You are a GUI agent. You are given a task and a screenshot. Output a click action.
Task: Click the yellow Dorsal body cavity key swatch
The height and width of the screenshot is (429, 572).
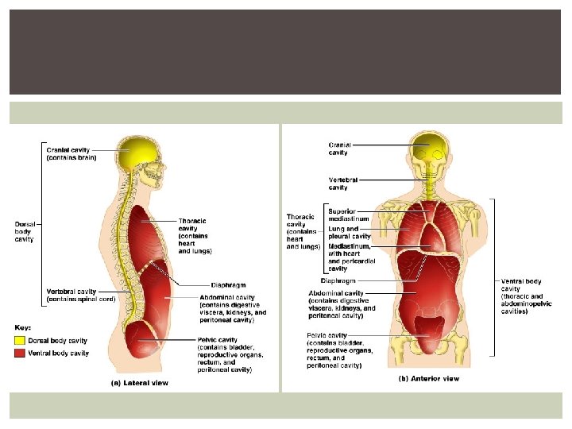(x=20, y=341)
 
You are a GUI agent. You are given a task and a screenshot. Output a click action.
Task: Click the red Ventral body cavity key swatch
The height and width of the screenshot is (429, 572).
(x=20, y=353)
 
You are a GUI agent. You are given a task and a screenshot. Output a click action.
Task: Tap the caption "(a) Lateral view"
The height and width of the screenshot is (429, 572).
(x=139, y=383)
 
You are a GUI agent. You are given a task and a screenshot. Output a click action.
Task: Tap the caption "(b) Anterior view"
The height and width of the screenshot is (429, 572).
(x=429, y=379)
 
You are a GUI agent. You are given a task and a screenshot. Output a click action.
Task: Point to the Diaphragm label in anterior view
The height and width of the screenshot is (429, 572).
(x=337, y=280)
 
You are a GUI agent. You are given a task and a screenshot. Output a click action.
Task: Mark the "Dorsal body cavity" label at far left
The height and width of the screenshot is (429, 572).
(x=25, y=231)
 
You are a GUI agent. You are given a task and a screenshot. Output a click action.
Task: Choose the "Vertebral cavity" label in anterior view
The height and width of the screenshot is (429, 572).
(x=343, y=184)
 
